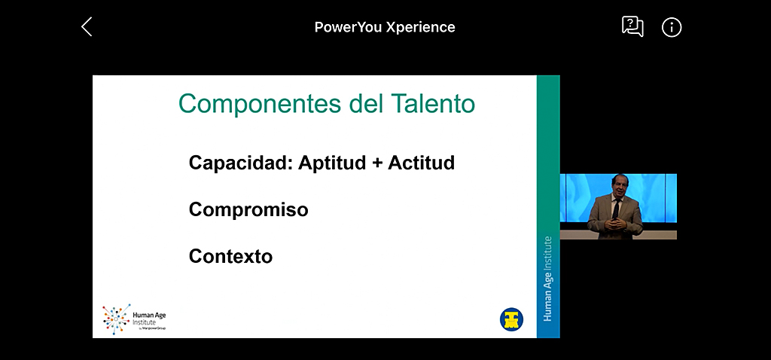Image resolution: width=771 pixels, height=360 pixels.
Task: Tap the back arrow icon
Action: (x=87, y=26)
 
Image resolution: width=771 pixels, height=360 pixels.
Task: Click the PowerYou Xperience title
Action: (x=385, y=27)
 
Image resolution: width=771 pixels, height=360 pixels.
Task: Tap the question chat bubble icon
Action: (x=632, y=26)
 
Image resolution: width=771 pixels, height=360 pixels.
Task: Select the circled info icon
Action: (x=672, y=28)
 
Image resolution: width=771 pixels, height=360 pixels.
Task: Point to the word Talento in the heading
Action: (x=433, y=103)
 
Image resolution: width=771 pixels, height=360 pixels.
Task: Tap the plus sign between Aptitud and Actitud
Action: (x=377, y=163)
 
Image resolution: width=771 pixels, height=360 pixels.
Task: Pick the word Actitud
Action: (x=422, y=162)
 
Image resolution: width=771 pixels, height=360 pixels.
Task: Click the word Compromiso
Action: (x=248, y=209)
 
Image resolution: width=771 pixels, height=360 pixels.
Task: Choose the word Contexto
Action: (x=230, y=256)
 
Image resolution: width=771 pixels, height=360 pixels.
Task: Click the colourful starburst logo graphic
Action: (x=117, y=319)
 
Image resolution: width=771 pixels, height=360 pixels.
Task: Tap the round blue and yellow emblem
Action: (x=511, y=319)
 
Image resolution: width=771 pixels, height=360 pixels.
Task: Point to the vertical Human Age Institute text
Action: (x=548, y=279)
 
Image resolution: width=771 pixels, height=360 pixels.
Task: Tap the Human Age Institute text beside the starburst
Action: (x=149, y=319)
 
